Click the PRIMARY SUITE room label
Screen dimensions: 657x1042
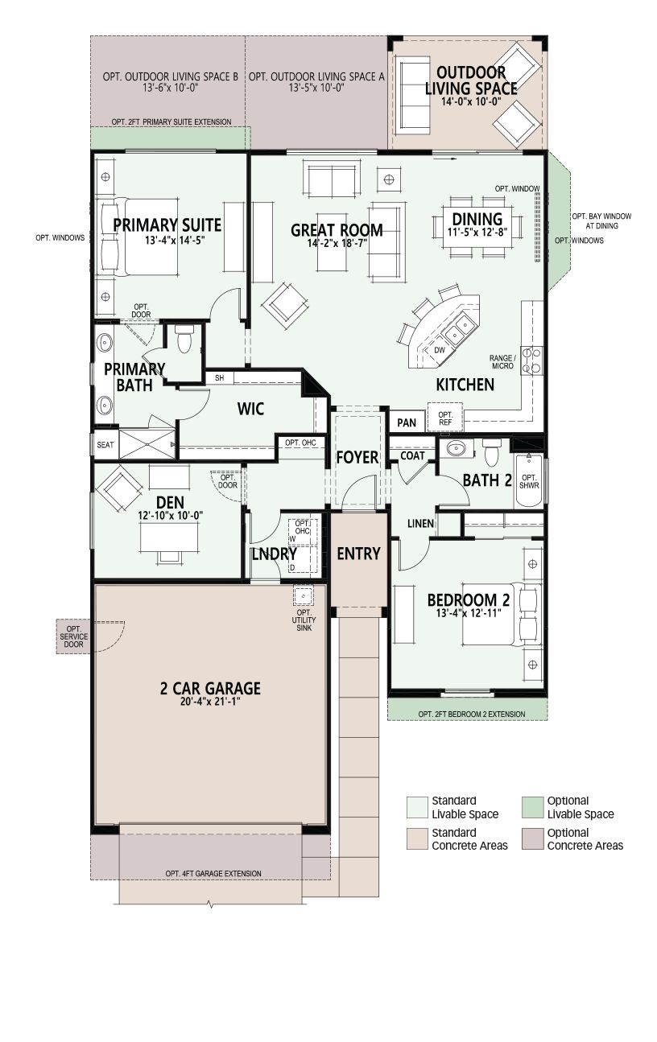tap(167, 225)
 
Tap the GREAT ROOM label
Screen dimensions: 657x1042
tap(337, 230)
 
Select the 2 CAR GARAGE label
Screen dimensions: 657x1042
tap(210, 688)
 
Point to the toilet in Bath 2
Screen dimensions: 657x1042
tap(492, 451)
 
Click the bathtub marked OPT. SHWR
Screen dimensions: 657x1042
tap(529, 481)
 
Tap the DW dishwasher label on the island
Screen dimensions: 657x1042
tap(439, 350)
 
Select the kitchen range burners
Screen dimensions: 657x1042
tap(531, 360)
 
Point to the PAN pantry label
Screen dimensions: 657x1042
tap(407, 423)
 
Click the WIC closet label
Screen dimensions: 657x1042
tap(250, 409)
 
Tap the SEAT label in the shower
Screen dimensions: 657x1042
tap(105, 445)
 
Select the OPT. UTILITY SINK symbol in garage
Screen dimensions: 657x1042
tap(303, 596)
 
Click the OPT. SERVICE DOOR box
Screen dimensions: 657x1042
tap(73, 636)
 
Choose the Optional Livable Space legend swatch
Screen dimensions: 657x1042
tap(533, 807)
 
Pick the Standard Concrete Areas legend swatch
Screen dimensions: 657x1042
tap(417, 838)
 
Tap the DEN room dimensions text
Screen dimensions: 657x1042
tap(171, 516)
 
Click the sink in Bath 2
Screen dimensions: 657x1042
tap(456, 448)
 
